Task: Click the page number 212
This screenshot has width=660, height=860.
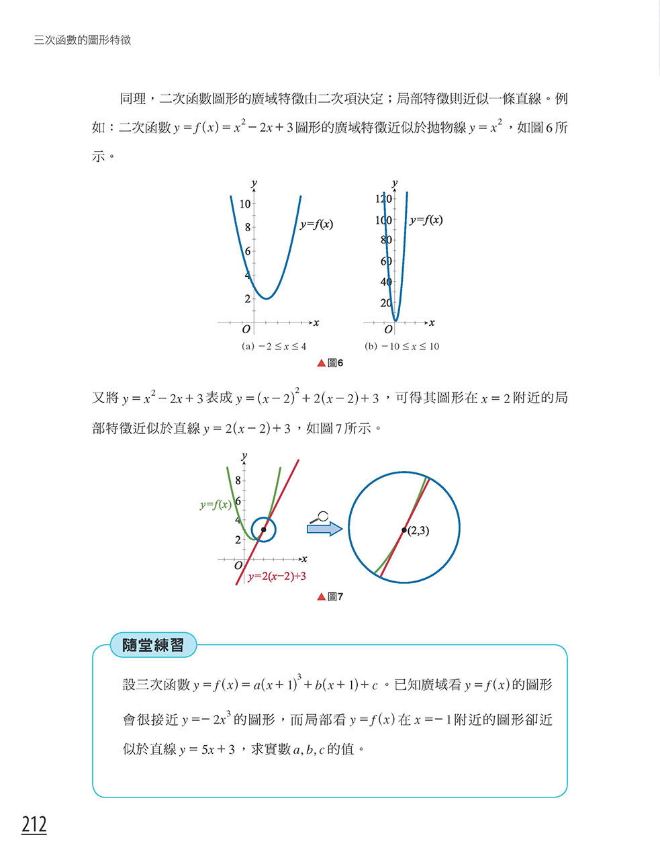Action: pos(34,824)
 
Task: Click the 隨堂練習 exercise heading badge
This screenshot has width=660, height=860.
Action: pos(153,645)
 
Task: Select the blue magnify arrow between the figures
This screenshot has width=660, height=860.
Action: pos(324,529)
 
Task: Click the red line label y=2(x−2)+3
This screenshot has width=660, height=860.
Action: pos(277,576)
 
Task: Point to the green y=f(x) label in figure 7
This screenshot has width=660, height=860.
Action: pos(215,505)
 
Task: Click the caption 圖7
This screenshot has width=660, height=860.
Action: pos(330,597)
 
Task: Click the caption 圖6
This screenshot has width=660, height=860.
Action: pos(330,363)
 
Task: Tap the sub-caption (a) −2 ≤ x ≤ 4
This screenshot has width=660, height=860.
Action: pos(274,347)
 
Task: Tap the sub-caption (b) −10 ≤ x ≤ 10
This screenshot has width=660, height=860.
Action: pos(402,347)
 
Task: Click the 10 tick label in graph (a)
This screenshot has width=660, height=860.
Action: pos(245,204)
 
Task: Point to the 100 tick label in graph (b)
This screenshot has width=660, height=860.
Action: pos(383,220)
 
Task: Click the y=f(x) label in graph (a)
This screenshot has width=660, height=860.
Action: pos(316,224)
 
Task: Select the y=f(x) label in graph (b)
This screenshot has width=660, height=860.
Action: pos(426,220)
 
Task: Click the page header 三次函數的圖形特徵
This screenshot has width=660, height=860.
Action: pos(83,40)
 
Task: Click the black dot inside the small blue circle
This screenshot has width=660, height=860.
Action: pos(263,530)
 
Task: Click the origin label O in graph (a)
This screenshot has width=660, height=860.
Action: pos(246,329)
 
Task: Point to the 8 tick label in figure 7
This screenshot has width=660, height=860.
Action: pos(238,481)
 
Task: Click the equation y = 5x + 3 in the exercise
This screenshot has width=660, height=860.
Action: pos(207,750)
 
